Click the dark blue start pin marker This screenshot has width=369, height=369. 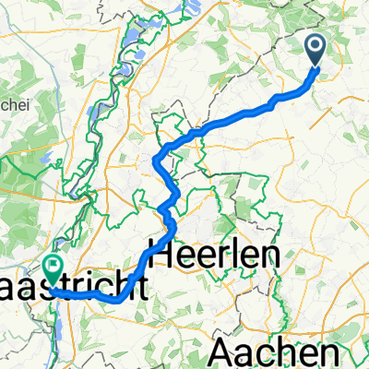coord(315,48)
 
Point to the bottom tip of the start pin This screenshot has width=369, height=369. coord(315,66)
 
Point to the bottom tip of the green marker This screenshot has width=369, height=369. coord(54,289)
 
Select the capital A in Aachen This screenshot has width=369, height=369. coord(225,351)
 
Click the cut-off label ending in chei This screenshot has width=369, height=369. coord(17,104)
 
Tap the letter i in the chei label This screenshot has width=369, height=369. coord(30,104)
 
